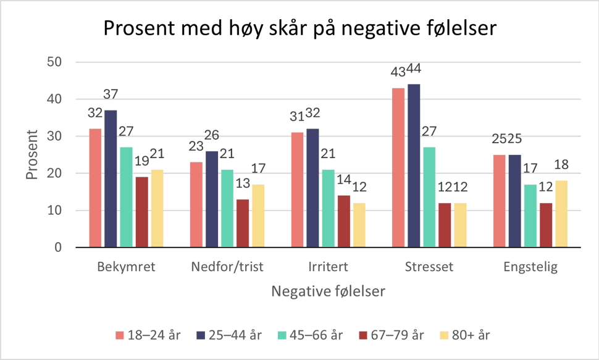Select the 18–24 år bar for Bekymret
(x=95, y=188)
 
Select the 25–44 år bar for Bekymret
(x=111, y=178)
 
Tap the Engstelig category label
(x=530, y=267)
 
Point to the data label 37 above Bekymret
(x=111, y=94)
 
